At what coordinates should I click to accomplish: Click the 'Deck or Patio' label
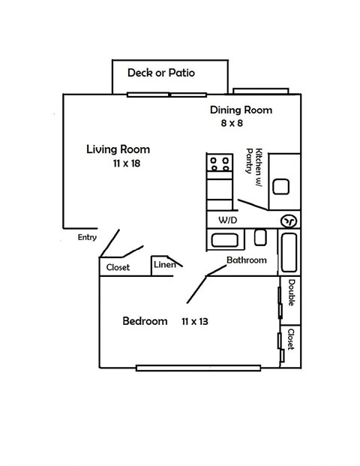pos(160,73)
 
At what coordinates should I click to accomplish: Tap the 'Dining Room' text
pos(241,110)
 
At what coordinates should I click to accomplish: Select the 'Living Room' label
pos(118,149)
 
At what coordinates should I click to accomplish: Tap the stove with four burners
pos(220,163)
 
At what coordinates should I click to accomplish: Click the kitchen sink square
pos(281,185)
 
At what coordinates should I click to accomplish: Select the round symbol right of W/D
pos(289,221)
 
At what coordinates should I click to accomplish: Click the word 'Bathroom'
pos(247,260)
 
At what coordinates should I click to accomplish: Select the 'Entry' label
pos(87,237)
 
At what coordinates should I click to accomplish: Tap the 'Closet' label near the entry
pos(118,267)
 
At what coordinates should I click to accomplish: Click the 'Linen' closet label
pos(164,264)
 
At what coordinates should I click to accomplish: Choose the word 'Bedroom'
pos(145,321)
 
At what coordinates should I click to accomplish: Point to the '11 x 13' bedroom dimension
pos(194,321)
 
